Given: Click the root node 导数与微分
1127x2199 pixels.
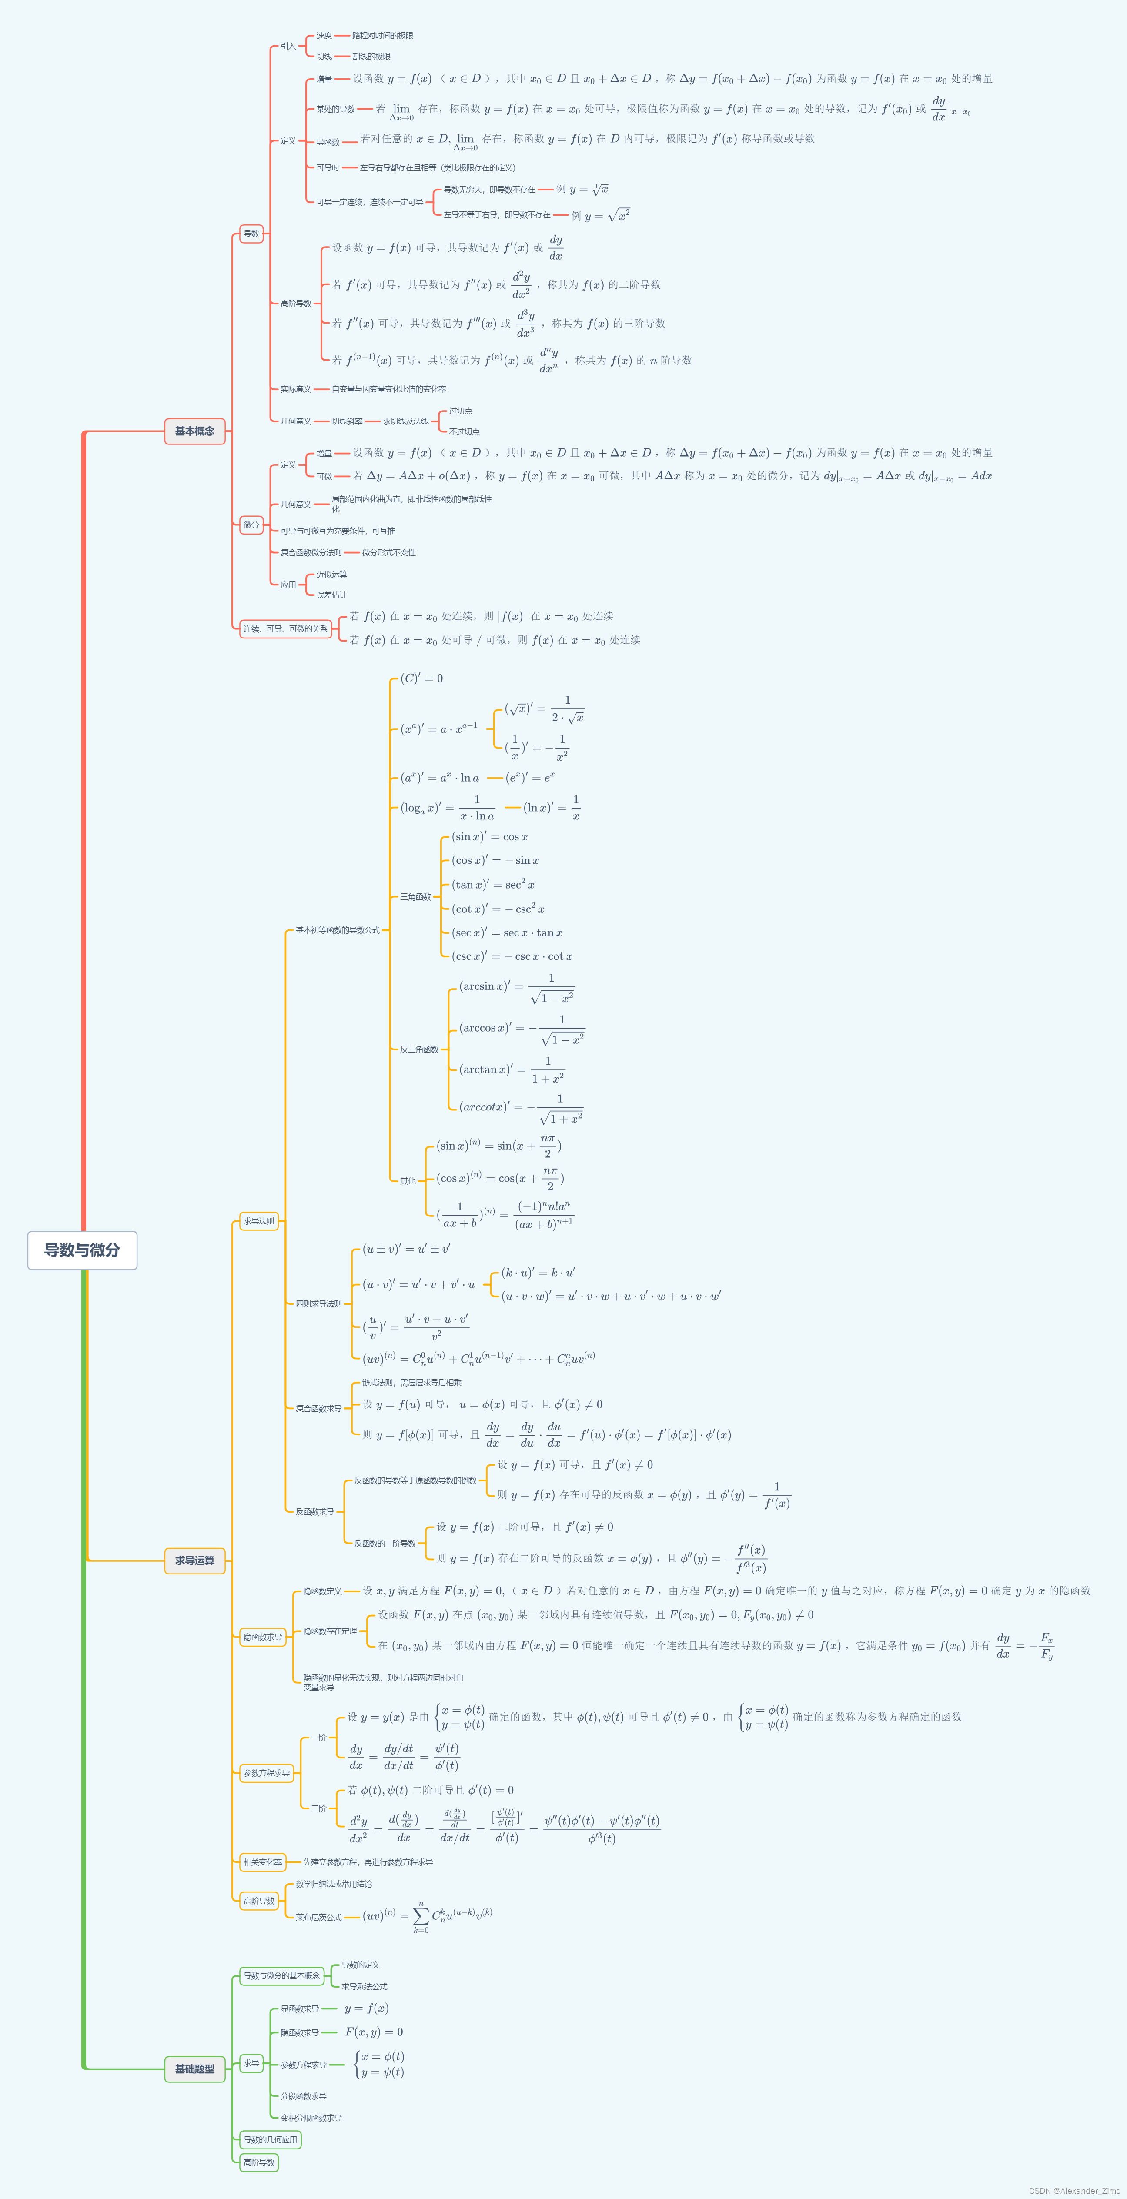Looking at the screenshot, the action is coord(82,1250).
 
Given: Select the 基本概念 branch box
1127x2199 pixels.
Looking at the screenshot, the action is coord(195,431).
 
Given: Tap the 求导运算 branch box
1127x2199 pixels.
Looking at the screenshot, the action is coord(195,1561).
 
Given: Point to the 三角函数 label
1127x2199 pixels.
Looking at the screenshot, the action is coord(416,896).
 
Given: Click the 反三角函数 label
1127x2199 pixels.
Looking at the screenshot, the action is coord(419,1049).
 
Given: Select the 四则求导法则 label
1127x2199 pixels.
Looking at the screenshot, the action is coord(318,1303).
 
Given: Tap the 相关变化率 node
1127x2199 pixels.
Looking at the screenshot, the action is coord(262,1862).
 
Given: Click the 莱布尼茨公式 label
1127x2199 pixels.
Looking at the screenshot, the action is coord(318,1917).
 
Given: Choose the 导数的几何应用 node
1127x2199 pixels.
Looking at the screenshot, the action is coord(270,2139).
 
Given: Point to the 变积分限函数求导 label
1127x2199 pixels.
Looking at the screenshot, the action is coord(311,2118).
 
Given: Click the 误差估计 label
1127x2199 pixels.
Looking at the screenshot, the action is coord(331,595).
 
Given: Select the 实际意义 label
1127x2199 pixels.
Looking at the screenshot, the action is coord(295,389).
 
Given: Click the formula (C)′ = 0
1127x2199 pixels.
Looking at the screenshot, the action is coord(422,678).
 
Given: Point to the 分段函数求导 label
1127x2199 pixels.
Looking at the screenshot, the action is coord(303,2096).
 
